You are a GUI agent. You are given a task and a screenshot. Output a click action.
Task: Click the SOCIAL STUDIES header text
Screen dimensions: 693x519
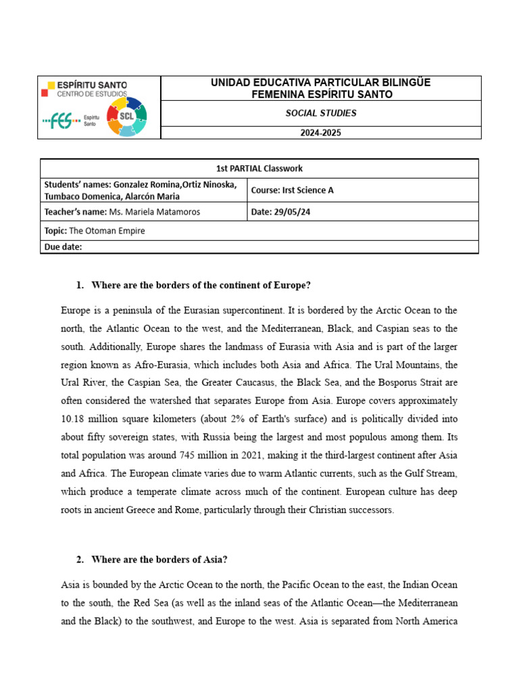coord(320,113)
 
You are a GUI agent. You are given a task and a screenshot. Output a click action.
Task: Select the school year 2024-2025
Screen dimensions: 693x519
coord(320,133)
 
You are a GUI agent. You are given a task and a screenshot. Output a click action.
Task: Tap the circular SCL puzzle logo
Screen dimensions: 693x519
coord(126,116)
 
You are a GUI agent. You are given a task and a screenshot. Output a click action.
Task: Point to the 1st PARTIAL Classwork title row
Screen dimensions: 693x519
coord(259,169)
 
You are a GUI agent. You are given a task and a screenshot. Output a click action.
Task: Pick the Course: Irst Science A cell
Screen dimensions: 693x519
coord(292,190)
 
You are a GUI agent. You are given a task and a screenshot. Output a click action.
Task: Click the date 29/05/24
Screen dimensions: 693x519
coord(293,212)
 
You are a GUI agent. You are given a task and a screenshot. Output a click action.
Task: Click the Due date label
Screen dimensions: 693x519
coord(63,247)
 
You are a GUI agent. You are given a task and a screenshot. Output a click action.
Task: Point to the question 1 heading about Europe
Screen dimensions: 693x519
coord(200,285)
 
